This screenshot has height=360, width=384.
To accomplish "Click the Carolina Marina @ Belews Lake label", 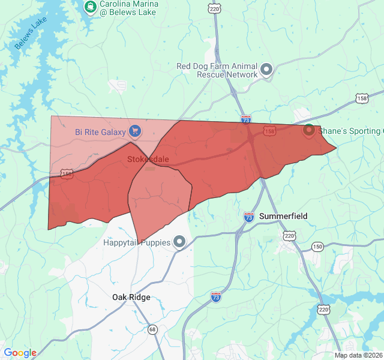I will (128, 8).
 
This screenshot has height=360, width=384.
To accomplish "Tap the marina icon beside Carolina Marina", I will (90, 7).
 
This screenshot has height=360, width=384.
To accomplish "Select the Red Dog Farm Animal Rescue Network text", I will (217, 70).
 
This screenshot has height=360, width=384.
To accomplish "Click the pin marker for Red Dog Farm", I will (267, 70).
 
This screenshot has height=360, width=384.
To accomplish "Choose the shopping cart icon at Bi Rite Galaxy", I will (135, 131).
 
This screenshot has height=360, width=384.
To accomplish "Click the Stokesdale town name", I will (148, 160).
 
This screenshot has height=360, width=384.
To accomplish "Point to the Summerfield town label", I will (283, 216).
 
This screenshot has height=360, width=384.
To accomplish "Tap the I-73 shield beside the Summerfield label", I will (249, 217).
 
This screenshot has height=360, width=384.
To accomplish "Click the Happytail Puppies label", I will (137, 242).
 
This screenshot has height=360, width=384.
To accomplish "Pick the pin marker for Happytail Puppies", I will (179, 242).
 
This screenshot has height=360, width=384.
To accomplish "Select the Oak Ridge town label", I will (131, 297).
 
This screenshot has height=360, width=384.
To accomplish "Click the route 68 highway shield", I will (152, 329).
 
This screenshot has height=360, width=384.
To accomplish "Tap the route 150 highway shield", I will (317, 247).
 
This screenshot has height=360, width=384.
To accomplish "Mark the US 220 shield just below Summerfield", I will (290, 236).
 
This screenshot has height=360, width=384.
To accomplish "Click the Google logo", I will (20, 353).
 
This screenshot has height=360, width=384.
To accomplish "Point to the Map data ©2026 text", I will (358, 355).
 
